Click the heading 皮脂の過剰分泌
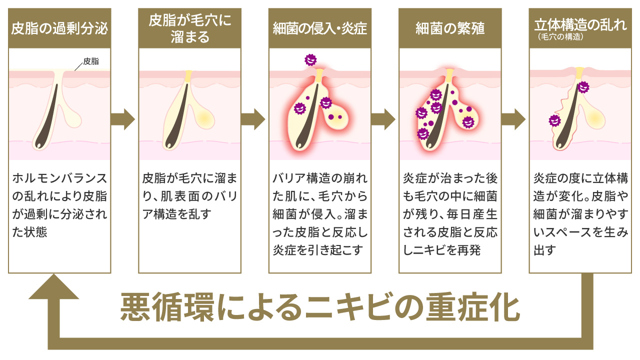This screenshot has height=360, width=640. click(59, 28)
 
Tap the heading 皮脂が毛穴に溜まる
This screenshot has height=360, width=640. click(189, 28)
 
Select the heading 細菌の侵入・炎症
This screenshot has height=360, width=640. click(320, 28)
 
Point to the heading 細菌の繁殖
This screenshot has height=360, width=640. click(450, 28)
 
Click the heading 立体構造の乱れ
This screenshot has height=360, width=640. click(580, 24)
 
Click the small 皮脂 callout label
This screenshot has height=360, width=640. click(90, 61)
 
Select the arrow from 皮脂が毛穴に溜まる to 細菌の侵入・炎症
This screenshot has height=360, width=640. click(253, 119)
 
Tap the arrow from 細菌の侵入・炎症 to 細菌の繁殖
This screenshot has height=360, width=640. click(384, 119)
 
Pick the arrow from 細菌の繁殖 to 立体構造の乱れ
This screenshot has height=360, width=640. click(514, 119)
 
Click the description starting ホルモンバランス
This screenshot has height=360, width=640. click(59, 205)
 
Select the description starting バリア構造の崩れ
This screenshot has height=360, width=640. click(320, 214)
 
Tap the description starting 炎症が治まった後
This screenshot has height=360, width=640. click(450, 214)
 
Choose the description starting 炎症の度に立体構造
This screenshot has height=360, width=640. click(580, 214)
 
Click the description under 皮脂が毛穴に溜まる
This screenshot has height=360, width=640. click(189, 196)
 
